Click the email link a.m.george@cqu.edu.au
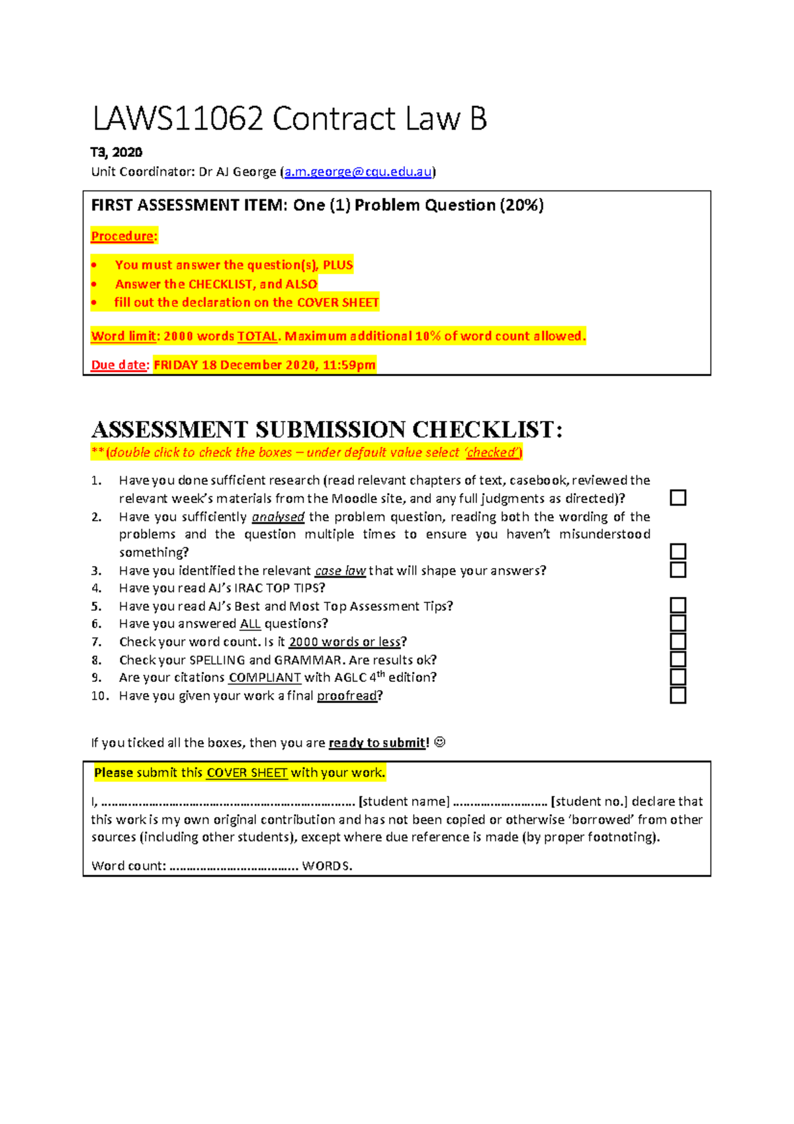[358, 172]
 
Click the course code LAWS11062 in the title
[178, 120]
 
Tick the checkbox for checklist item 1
[678, 498]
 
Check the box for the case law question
[678, 570]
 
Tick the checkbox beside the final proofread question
[678, 695]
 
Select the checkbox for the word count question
[678, 641]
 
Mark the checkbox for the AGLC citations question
[678, 677]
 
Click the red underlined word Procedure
[122, 236]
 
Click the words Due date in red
[118, 365]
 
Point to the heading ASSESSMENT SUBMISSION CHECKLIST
[327, 430]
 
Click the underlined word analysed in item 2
[278, 517]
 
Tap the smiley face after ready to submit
[439, 742]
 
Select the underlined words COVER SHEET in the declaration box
[247, 773]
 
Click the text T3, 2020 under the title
[116, 152]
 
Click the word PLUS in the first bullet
[337, 265]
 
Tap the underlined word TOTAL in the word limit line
[257, 336]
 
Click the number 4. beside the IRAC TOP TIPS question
[97, 588]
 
